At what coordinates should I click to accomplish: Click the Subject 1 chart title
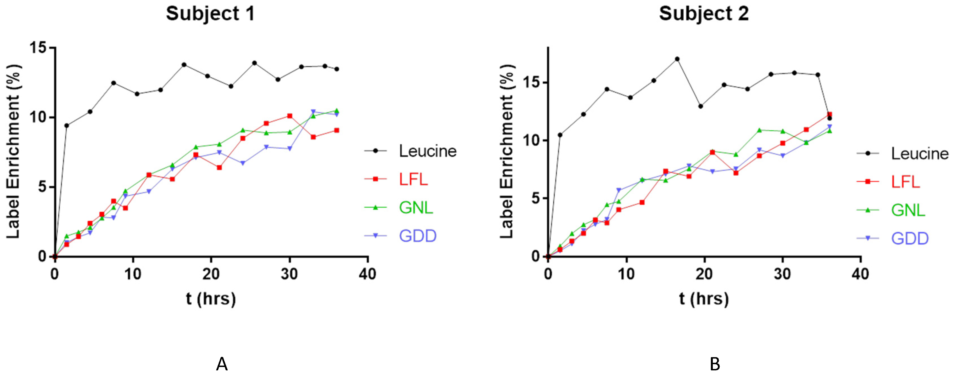pyautogui.click(x=210, y=14)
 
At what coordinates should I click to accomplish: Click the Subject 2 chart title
pyautogui.click(x=703, y=14)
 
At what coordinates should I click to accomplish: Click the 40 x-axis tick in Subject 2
pyautogui.click(x=860, y=274)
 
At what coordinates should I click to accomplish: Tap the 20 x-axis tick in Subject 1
pyautogui.click(x=211, y=274)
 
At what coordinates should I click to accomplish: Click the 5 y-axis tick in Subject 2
pyautogui.click(x=536, y=198)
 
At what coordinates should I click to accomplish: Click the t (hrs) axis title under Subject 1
pyautogui.click(x=211, y=299)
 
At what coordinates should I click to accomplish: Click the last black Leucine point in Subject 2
pyautogui.click(x=830, y=118)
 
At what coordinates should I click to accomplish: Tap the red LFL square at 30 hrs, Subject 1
pyautogui.click(x=290, y=116)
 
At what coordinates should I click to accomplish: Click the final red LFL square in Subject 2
pyautogui.click(x=830, y=115)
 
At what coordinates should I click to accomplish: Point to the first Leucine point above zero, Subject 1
pyautogui.click(x=67, y=126)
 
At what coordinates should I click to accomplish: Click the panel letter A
pyautogui.click(x=221, y=364)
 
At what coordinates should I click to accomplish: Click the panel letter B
pyautogui.click(x=715, y=364)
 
